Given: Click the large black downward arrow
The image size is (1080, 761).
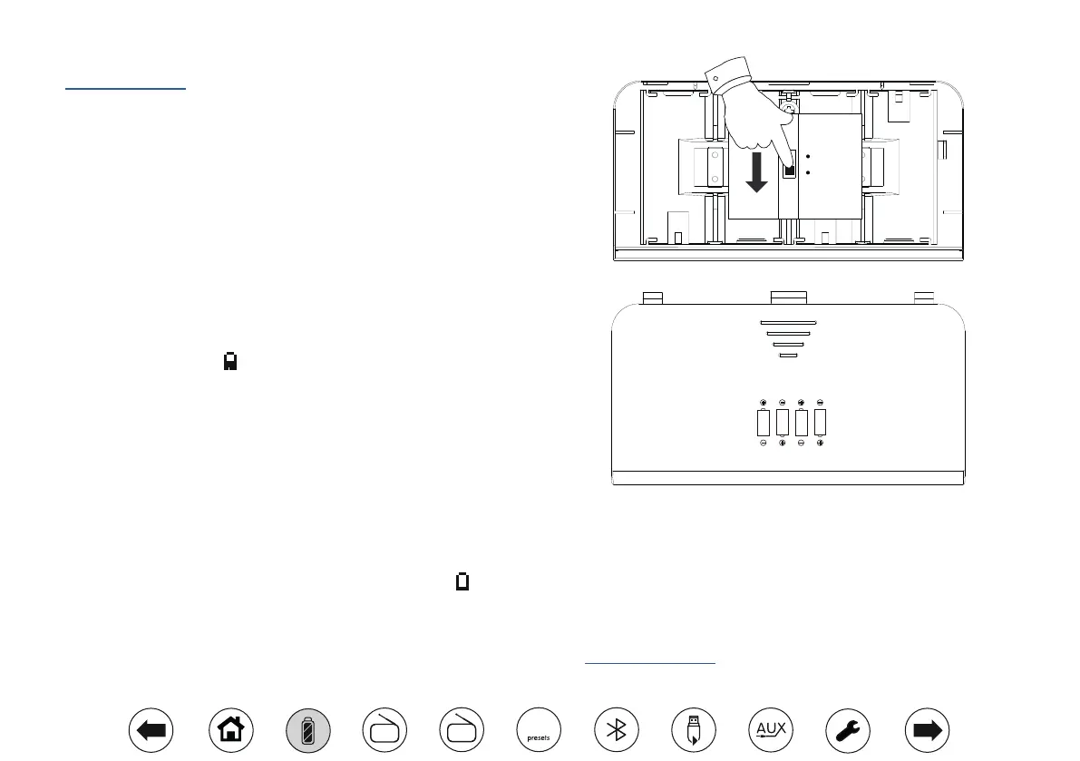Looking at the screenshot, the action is point(754,172).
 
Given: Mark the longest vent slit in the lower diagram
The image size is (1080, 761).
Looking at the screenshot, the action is point(788,322).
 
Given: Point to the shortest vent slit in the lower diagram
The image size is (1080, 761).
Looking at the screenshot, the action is point(788,356).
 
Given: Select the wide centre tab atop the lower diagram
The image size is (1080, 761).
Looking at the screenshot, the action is point(788,296).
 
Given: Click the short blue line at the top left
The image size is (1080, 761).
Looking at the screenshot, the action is point(125,89).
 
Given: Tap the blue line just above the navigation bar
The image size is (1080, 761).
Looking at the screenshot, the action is point(650,663).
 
